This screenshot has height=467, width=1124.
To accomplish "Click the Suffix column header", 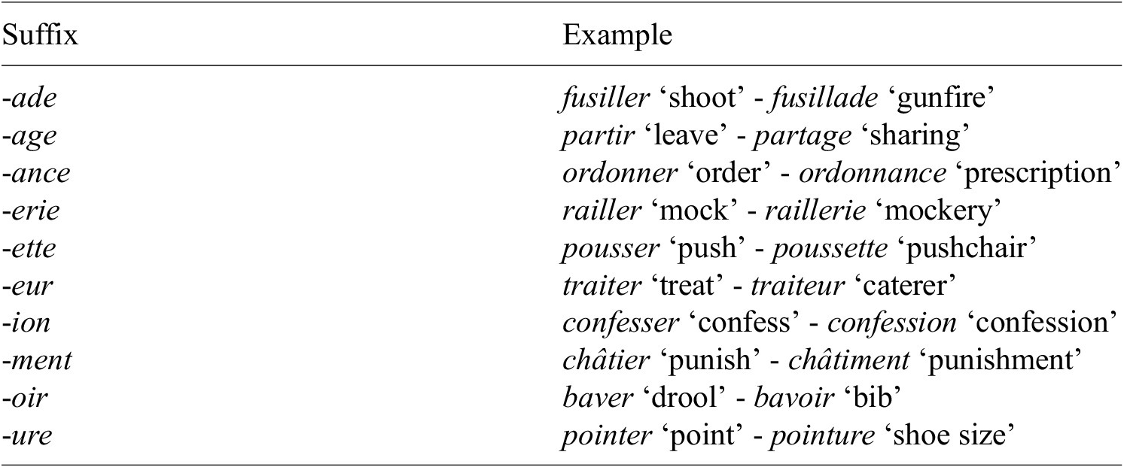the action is pos(40,35).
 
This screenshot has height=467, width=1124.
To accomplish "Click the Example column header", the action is pos(617,36).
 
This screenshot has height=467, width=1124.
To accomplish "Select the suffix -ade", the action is pos(29,97).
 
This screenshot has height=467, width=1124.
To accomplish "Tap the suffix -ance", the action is pos(36,174).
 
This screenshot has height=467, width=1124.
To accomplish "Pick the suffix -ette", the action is pos(29,248).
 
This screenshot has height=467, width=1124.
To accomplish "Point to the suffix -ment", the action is pos(37,360).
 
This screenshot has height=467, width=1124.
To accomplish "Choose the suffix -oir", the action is pos(25,398).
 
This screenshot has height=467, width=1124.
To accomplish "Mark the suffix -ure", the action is pos(27,435).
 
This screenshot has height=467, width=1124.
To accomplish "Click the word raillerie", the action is pos(815,211).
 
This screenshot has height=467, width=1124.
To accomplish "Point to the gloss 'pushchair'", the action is pos(967,248).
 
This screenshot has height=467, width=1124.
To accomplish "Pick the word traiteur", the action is pos(797,286).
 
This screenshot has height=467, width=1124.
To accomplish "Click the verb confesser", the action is pos(620,323).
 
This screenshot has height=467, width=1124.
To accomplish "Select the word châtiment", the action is pos(848,360).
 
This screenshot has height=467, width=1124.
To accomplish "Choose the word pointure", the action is pos(823,435).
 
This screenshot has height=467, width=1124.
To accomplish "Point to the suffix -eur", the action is pos(28,286).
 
